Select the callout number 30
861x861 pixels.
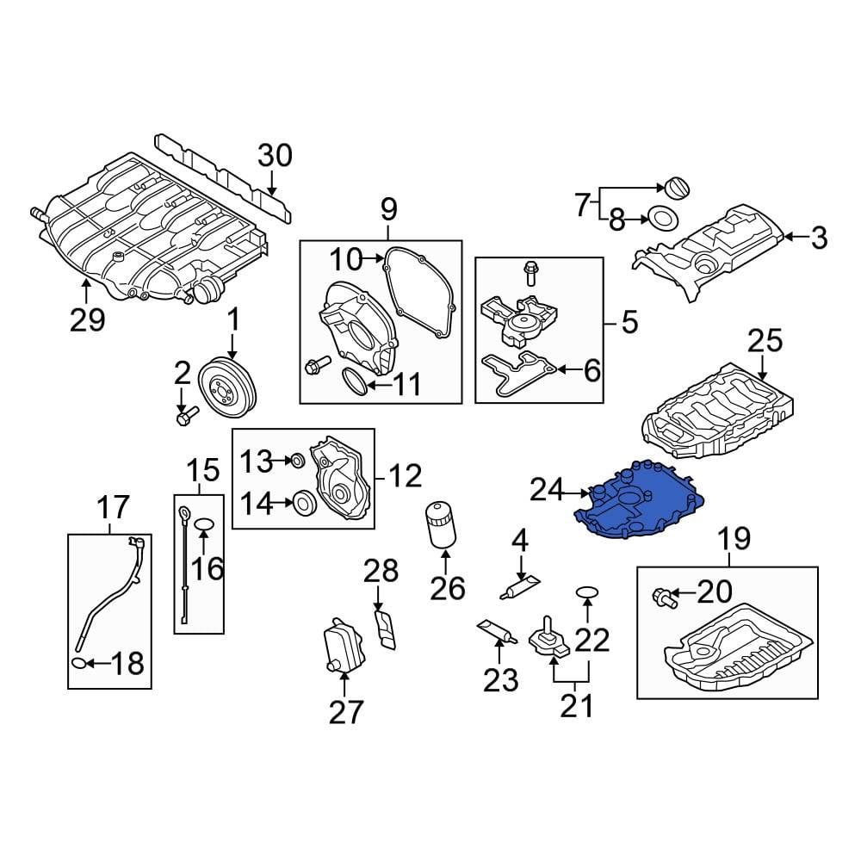coord(275,156)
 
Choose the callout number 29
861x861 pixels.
coord(87,319)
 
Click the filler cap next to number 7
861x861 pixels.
coord(672,188)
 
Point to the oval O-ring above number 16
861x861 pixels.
coord(203,524)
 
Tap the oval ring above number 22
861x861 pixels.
coord(586,592)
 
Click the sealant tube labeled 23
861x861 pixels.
coord(496,633)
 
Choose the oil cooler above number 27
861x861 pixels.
coord(338,646)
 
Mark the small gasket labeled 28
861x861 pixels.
coord(386,627)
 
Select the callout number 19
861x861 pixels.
coord(734,540)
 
